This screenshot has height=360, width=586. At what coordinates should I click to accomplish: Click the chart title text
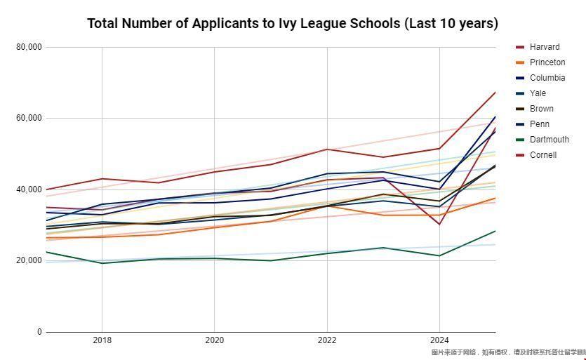pos(293,23)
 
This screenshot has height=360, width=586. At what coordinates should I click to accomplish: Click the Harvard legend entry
pos(544,47)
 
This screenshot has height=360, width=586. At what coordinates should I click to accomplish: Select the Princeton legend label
pos(547,62)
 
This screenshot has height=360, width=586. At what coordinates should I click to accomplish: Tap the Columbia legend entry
pos(547,78)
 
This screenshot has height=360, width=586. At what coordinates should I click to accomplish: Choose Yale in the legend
pos(538,93)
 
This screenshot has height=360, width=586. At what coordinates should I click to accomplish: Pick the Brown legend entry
pos(541,109)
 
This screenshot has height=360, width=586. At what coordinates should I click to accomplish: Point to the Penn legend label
pos(539,124)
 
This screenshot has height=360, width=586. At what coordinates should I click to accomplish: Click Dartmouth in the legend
pos(549,140)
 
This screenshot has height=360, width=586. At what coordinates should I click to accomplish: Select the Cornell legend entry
pos(542,155)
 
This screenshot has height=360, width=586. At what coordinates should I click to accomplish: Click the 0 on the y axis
pos(39,332)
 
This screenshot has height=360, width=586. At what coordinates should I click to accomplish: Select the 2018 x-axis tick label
pos(102,340)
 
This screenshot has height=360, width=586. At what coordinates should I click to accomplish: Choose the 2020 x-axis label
pos(214,340)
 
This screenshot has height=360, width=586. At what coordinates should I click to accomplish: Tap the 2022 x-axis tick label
pos(326,340)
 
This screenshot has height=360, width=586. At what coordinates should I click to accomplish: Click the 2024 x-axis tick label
pos(439,340)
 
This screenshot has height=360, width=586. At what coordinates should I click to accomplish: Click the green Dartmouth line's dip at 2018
pos(102,263)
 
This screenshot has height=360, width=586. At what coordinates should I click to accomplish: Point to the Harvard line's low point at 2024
pos(439,224)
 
